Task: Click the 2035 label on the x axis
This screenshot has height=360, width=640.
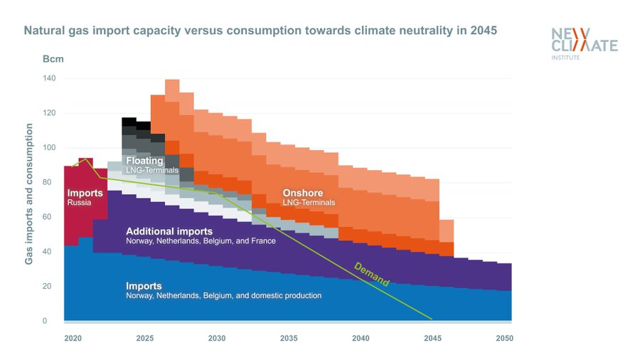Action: pyautogui.click(x=290, y=338)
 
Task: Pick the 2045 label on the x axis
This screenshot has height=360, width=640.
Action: pyautogui.click(x=434, y=338)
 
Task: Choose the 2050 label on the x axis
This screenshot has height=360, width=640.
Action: pyautogui.click(x=503, y=338)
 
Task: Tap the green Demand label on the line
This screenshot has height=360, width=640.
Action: pyautogui.click(x=372, y=275)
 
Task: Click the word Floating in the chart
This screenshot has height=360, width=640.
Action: pyautogui.click(x=144, y=162)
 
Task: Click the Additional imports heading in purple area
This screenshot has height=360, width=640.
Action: pyautogui.click(x=169, y=232)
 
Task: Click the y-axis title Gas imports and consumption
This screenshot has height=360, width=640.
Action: pyautogui.click(x=29, y=194)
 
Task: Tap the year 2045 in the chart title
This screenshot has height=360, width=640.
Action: pyautogui.click(x=484, y=31)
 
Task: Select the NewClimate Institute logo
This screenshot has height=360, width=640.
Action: pyautogui.click(x=584, y=43)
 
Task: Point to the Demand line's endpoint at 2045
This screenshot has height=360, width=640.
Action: pyautogui.click(x=432, y=319)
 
